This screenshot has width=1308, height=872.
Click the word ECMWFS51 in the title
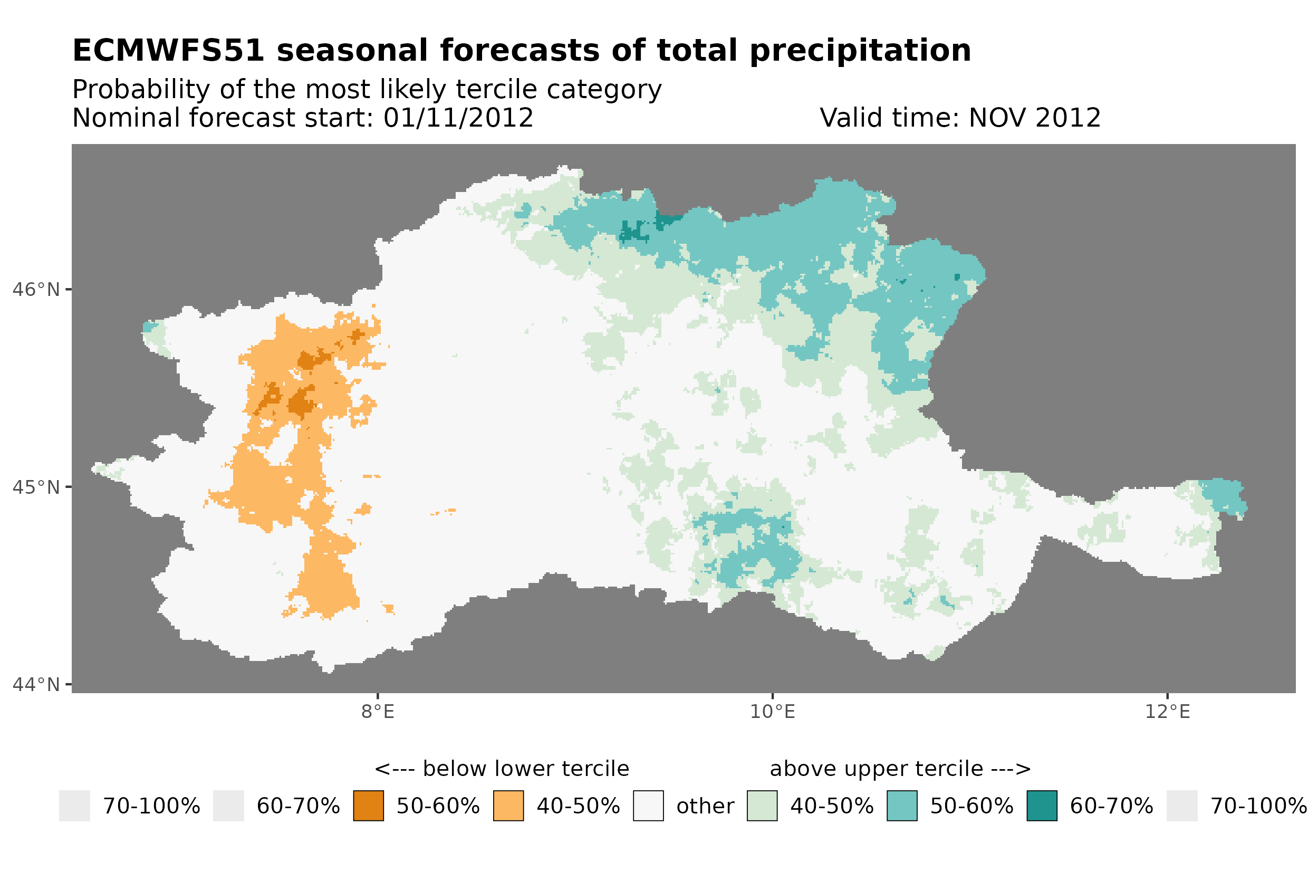click(168, 51)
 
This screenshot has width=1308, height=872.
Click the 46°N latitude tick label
click(35, 290)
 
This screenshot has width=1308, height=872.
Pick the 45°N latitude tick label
click(35, 487)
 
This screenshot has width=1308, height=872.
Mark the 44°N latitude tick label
click(35, 685)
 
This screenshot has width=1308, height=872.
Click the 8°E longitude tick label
click(378, 711)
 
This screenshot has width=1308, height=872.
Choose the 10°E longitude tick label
click(772, 711)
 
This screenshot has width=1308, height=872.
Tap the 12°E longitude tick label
click(1167, 711)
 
